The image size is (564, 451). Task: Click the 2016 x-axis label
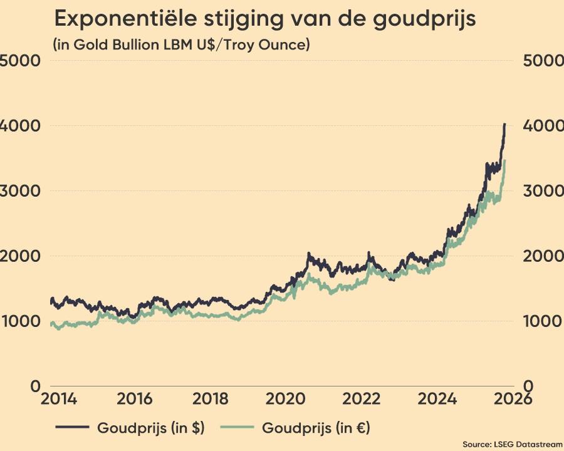click(x=133, y=399)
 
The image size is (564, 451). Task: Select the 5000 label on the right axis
click(x=540, y=61)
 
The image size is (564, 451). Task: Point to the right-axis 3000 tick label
click(x=540, y=191)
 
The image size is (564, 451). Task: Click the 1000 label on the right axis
click(x=540, y=321)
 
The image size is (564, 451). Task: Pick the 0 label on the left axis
click(x=35, y=386)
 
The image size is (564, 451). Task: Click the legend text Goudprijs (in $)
click(x=150, y=428)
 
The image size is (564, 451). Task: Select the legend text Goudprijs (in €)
click(x=316, y=428)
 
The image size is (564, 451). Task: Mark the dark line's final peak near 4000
click(x=505, y=125)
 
